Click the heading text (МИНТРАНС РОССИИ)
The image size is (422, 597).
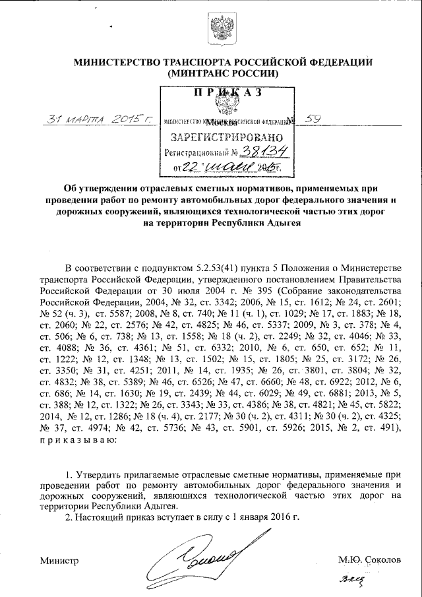click(x=224, y=74)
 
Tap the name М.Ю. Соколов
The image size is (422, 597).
click(x=369, y=559)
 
